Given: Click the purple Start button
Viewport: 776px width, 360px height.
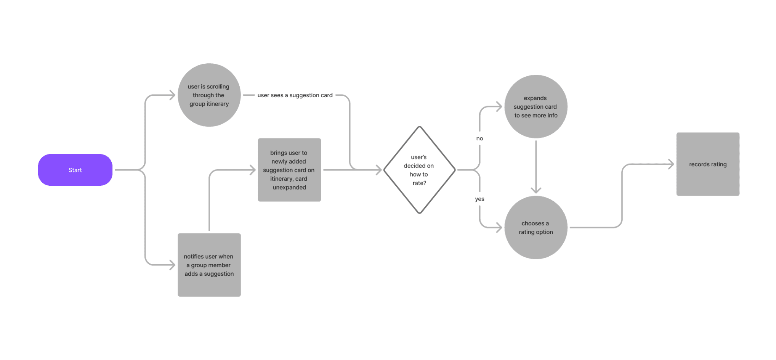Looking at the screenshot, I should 75,170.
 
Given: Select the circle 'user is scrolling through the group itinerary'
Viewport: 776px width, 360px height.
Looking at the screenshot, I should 209,95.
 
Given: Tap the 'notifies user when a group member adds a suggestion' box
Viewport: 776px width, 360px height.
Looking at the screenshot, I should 209,265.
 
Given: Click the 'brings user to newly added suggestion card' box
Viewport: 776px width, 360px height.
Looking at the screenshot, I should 289,170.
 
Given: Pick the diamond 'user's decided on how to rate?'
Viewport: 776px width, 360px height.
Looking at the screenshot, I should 419,170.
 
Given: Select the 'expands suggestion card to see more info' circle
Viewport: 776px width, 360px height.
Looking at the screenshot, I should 536,107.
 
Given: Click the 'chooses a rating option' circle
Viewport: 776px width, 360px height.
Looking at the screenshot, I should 536,228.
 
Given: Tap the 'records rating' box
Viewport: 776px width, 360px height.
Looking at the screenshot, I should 708,164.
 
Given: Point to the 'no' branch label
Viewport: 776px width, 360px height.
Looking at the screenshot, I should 479,138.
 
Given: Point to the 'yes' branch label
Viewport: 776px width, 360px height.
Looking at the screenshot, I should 479,199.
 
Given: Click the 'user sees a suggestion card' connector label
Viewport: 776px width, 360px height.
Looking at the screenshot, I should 295,95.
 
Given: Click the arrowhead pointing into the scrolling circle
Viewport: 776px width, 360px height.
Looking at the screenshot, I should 173,95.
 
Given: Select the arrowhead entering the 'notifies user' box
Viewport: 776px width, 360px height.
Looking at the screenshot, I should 173,265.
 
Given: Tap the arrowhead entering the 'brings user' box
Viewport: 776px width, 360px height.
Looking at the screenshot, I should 253,170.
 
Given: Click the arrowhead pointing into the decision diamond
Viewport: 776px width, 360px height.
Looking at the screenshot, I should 379,170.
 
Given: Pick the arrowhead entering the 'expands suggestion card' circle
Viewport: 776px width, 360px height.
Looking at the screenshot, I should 499,107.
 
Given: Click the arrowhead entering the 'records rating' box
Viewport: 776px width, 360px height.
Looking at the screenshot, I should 671,164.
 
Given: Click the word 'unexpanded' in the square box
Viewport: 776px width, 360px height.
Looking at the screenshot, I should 289,188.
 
